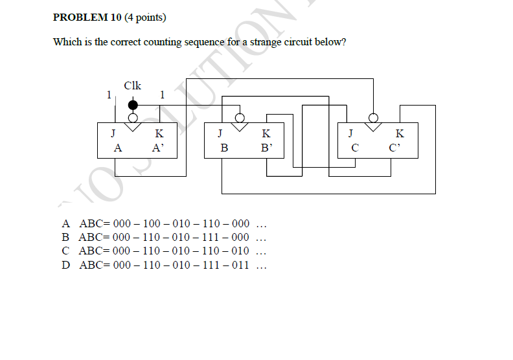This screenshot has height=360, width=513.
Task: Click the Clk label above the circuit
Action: click(x=133, y=85)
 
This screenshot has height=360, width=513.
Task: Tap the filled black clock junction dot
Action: click(x=133, y=105)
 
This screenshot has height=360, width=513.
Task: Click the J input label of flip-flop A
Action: click(x=113, y=133)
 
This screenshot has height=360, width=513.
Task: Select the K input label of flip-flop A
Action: click(x=159, y=133)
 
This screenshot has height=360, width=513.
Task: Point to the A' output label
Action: click(x=158, y=148)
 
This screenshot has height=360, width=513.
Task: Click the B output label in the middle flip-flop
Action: click(x=224, y=148)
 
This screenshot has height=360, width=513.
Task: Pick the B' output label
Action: click(x=266, y=148)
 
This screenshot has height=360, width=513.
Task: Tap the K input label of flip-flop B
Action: click(x=266, y=133)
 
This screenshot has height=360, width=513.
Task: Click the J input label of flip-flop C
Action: click(x=350, y=133)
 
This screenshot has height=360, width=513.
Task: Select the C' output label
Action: click(x=394, y=148)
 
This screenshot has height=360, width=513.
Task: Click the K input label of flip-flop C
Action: click(x=400, y=133)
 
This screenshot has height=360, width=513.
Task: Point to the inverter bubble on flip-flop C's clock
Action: click(x=373, y=118)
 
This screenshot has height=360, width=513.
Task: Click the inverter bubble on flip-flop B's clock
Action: click(x=240, y=118)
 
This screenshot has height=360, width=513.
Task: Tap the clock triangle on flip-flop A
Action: click(x=133, y=127)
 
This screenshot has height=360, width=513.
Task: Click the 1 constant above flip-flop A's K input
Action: click(x=162, y=95)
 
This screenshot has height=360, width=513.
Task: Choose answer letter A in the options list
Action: click(x=66, y=223)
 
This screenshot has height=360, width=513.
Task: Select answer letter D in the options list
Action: click(x=66, y=265)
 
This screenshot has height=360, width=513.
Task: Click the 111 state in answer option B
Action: click(x=211, y=237)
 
